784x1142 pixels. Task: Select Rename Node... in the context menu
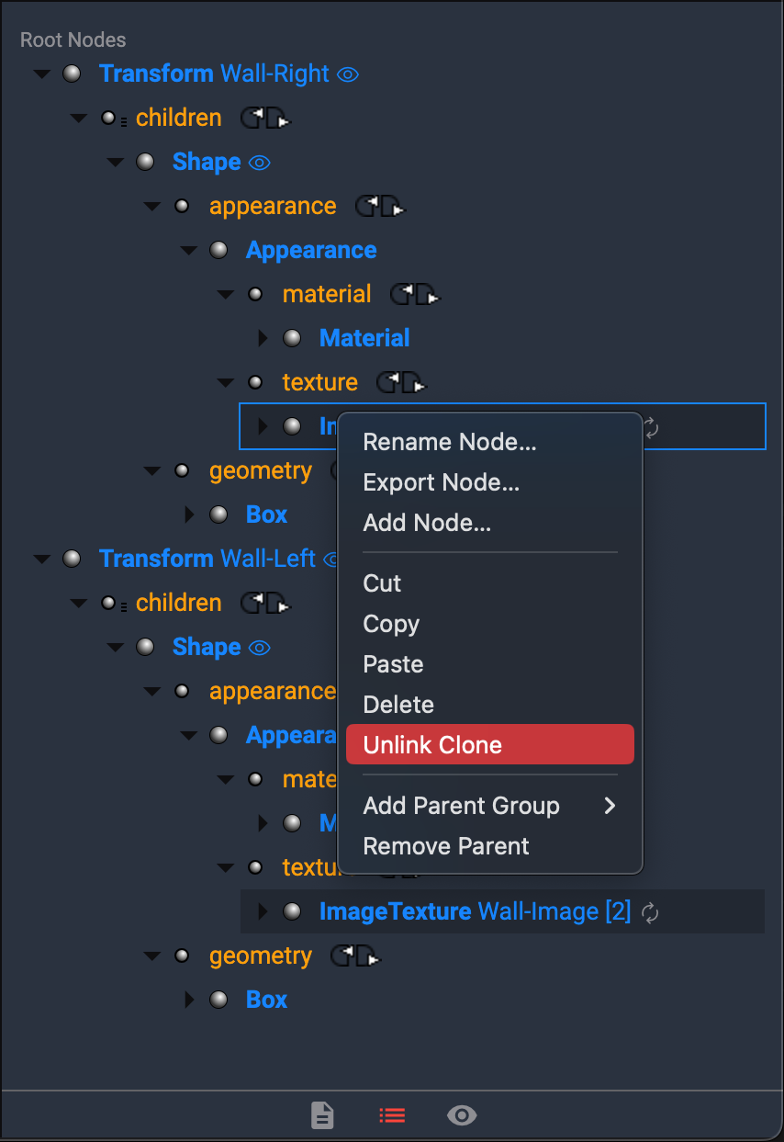point(450,442)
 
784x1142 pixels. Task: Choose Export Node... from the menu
point(442,482)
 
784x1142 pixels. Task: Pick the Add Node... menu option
point(427,523)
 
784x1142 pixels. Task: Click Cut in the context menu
point(383,583)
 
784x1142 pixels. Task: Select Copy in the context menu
point(391,624)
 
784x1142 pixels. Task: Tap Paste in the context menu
point(393,664)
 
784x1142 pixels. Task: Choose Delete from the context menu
point(398,705)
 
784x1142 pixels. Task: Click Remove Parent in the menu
point(446,846)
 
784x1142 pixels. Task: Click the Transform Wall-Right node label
point(214,73)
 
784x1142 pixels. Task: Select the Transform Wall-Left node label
point(207,559)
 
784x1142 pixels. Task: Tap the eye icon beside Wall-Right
point(348,74)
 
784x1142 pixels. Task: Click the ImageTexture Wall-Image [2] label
point(475,911)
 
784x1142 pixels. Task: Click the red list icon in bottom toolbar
point(392,1115)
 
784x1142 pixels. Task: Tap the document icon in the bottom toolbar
point(322,1115)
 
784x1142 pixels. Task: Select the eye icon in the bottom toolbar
point(462,1115)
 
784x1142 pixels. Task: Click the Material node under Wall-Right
point(364,338)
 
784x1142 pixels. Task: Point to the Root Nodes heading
point(73,40)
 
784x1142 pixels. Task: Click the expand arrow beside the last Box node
point(190,1000)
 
